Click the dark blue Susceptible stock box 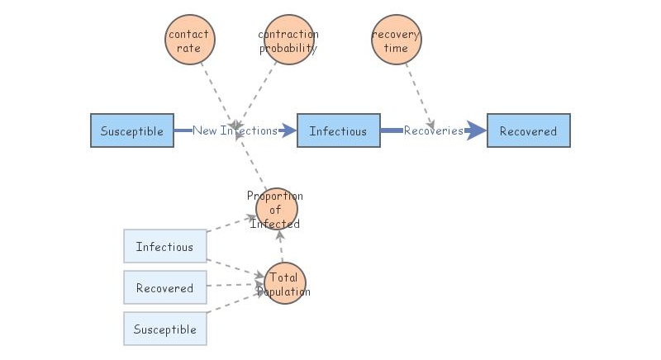pyautogui.click(x=132, y=130)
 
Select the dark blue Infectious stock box pyautogui.click(x=338, y=130)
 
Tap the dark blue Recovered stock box pyautogui.click(x=528, y=130)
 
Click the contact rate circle pyautogui.click(x=188, y=41)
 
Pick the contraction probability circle pyautogui.click(x=288, y=41)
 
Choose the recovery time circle pyautogui.click(x=396, y=41)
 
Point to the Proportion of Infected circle pyautogui.click(x=276, y=209)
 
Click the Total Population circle pyautogui.click(x=283, y=283)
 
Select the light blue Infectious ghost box pyautogui.click(x=164, y=246)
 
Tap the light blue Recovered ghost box pyautogui.click(x=164, y=287)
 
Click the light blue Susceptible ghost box pyautogui.click(x=164, y=329)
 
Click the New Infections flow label pyautogui.click(x=235, y=130)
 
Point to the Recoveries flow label pyautogui.click(x=433, y=130)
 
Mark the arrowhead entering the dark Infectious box pyautogui.click(x=288, y=130)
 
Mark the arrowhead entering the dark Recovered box pyautogui.click(x=477, y=130)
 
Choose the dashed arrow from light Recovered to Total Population pyautogui.click(x=235, y=286)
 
